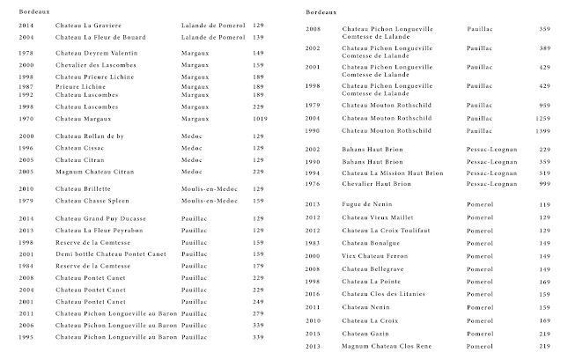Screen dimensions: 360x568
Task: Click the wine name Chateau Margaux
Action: pos(80,118)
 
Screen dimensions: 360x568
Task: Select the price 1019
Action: pos(258,118)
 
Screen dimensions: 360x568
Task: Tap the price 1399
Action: pos(542,130)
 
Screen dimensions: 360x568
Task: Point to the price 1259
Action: pos(542,118)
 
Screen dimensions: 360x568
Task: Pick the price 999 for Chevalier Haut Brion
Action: pos(544,184)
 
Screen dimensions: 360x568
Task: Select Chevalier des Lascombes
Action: pos(95,65)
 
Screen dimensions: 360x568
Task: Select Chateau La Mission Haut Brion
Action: pos(393,173)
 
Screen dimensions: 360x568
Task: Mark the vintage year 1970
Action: pos(26,118)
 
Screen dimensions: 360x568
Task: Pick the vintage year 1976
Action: pos(313,184)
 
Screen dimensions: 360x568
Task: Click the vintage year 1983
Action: pos(313,242)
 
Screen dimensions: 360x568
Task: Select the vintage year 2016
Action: pos(313,294)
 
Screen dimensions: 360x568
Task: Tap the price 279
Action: pos(258,313)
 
